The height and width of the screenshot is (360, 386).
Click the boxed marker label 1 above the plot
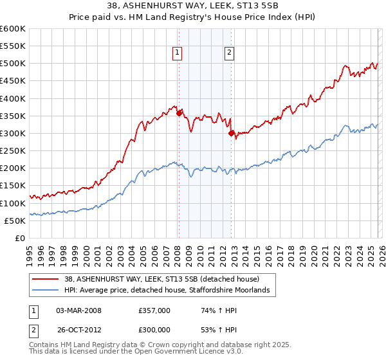pyautogui.click(x=177, y=53)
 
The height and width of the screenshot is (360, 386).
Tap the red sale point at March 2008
pyautogui.click(x=179, y=114)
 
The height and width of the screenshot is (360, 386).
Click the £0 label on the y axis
pyautogui.click(x=19, y=238)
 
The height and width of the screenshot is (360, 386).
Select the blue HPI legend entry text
pyautogui.click(x=165, y=291)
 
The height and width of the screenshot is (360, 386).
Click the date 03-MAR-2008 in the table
pyautogui.click(x=78, y=310)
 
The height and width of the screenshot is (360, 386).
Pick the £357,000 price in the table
pyautogui.click(x=154, y=310)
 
